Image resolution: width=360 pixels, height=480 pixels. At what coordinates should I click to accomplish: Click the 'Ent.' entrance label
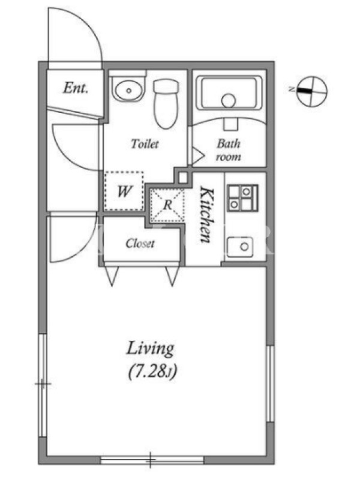[76, 88]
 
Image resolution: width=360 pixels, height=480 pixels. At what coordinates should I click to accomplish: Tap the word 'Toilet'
[145, 143]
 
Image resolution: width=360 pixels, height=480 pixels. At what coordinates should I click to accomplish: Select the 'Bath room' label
[229, 149]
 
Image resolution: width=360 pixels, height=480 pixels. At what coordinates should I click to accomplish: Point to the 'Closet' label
[140, 244]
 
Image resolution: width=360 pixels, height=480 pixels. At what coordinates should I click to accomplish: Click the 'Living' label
[150, 349]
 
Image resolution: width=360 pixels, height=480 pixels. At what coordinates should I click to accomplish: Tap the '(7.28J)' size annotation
[152, 371]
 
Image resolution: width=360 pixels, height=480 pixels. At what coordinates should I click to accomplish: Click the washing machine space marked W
[124, 191]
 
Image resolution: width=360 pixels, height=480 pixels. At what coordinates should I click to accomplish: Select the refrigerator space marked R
[167, 205]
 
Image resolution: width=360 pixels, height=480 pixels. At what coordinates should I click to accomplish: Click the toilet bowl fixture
[166, 103]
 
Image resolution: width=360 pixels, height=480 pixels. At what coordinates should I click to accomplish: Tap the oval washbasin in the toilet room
[128, 89]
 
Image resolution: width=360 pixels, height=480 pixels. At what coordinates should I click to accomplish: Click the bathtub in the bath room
[229, 92]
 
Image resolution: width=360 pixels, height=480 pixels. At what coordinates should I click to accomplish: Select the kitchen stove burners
[242, 198]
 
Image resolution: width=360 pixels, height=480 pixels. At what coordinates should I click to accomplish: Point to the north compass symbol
[311, 91]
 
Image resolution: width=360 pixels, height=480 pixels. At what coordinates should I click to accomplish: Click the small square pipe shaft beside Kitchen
[183, 178]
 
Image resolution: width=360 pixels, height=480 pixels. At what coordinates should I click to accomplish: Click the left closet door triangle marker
[112, 274]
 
